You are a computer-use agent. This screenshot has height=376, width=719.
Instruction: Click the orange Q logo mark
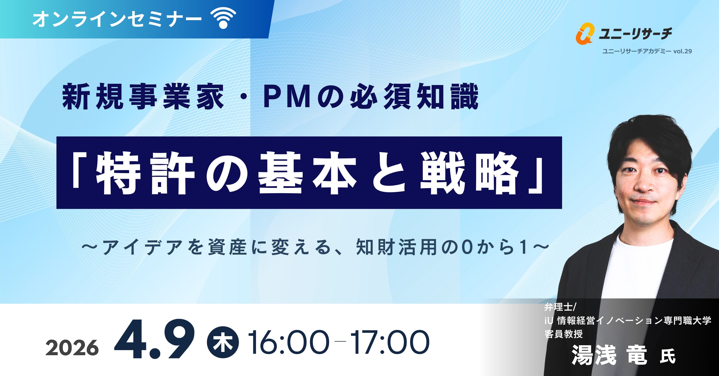584,33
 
